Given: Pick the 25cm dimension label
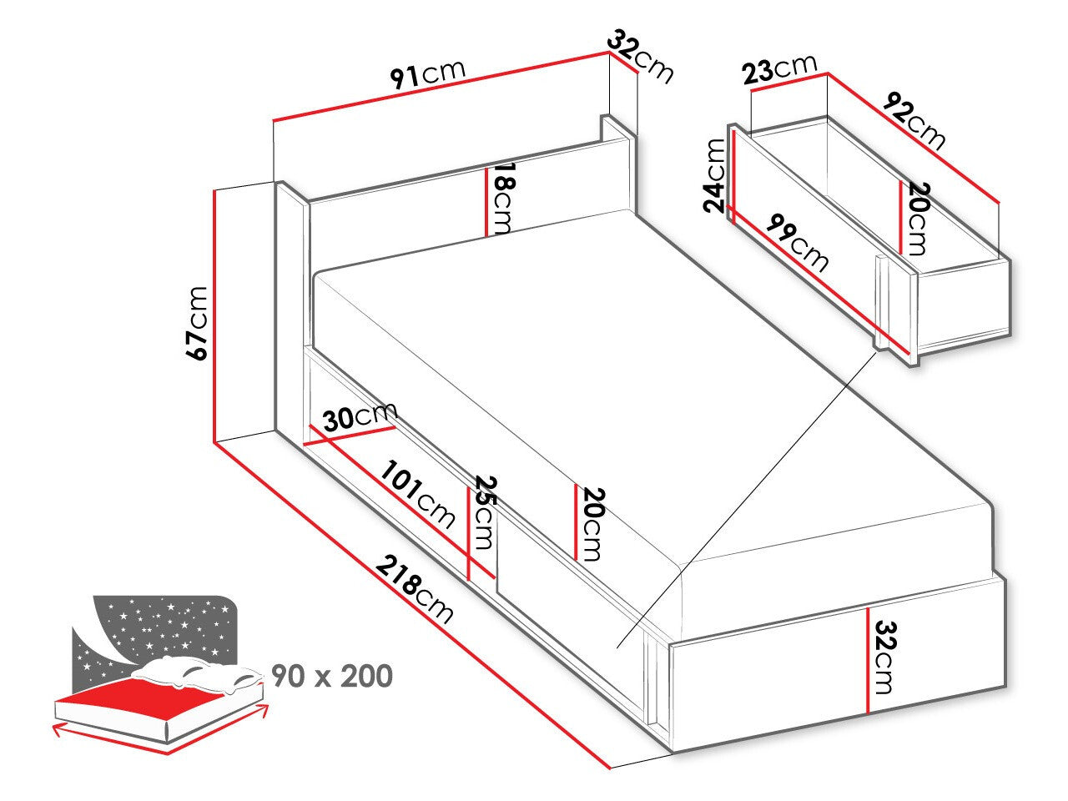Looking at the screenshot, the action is point(484,512).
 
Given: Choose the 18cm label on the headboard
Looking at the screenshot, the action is point(501,199).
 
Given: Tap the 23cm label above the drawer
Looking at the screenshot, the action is point(779,68).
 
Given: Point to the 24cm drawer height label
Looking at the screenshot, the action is point(715,175).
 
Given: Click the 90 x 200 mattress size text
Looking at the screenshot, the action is point(332,676).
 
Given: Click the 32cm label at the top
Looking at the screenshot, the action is point(641,56).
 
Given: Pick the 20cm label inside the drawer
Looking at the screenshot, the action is point(916,219).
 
